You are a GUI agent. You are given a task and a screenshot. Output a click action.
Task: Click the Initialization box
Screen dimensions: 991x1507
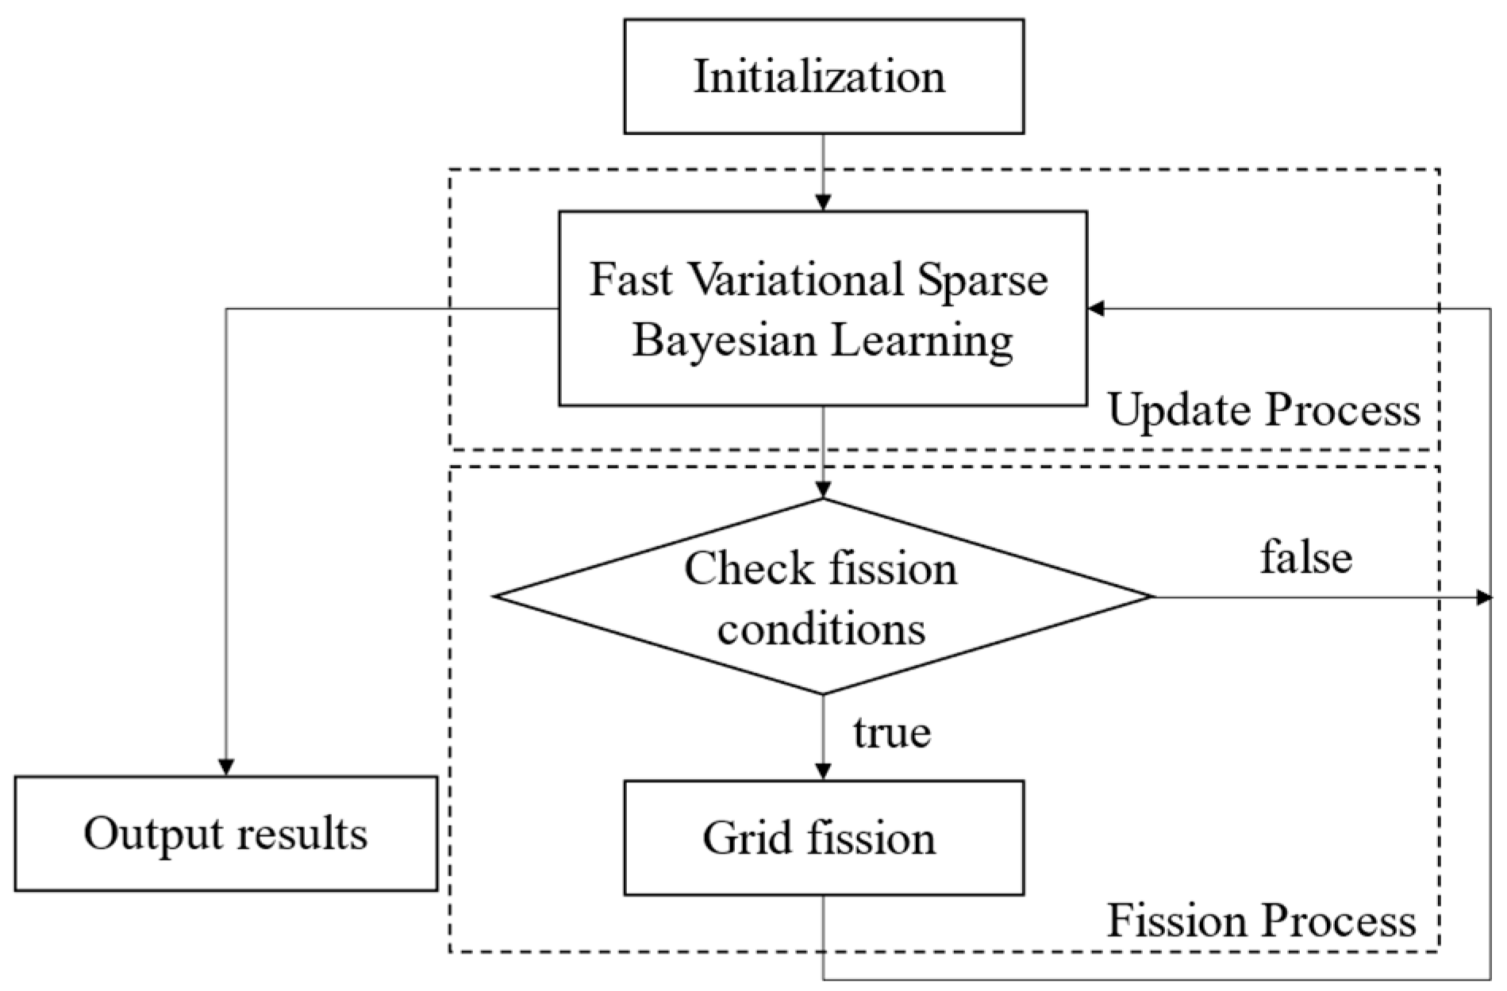point(823,77)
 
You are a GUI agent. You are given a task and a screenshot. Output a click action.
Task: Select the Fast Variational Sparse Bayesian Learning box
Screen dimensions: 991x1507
point(822,309)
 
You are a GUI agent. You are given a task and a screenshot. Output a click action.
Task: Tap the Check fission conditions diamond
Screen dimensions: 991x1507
point(822,597)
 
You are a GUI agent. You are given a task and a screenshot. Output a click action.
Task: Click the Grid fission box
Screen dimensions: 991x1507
point(823,838)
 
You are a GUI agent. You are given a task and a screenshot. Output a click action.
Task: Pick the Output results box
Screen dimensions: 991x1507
point(225,833)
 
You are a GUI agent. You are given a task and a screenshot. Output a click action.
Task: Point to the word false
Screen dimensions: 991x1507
point(1305,558)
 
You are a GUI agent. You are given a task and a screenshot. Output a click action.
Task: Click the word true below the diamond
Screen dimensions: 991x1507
point(891,732)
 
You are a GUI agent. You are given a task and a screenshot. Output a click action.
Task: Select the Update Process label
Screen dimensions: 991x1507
point(1263,410)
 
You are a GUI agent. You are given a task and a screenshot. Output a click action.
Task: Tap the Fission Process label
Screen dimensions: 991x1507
point(1261,921)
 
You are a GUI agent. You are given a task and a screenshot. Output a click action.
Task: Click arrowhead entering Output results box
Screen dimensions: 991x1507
point(226,767)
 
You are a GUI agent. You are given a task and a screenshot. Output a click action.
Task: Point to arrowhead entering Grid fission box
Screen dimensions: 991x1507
point(823,771)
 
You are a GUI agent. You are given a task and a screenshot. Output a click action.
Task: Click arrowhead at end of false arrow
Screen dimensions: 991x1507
point(1483,597)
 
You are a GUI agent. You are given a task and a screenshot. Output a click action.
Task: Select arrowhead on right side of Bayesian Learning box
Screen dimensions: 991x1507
point(1096,309)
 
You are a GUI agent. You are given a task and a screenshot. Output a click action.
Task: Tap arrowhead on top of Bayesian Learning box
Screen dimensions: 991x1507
point(823,202)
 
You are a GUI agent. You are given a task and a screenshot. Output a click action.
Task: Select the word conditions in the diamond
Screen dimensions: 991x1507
point(821,629)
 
